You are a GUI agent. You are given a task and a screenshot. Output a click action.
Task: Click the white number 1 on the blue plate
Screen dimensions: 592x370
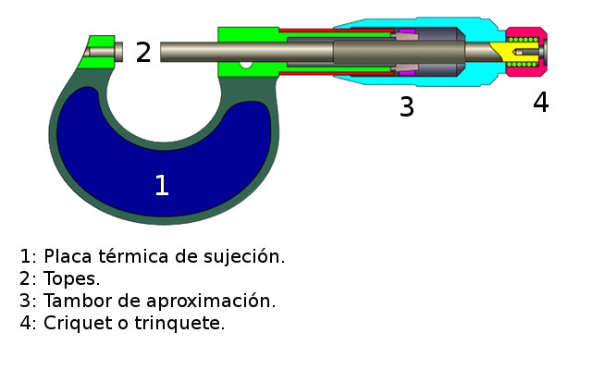pos(162,185)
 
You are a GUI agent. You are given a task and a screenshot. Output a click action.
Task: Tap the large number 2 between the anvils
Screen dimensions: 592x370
pos(143,52)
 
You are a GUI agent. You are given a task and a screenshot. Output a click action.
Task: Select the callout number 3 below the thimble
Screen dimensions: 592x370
pos(407,106)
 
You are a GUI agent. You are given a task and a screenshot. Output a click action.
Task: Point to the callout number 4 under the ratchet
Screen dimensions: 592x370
pos(540,102)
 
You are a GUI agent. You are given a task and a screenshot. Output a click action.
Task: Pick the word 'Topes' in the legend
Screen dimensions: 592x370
pos(70,279)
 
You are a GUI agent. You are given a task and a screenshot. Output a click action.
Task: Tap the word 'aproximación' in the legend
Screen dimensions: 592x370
pos(209,302)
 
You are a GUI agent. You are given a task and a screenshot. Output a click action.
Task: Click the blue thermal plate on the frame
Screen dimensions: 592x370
pos(165,158)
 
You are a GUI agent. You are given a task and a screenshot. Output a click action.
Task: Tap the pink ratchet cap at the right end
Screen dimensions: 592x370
pos(526,52)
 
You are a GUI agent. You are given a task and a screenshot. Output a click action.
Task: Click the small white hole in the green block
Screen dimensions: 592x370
pos(246,65)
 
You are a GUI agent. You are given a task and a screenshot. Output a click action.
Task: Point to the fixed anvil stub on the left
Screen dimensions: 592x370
pos(104,52)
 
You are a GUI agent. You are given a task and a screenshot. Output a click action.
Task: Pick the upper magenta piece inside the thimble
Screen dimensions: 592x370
pos(407,31)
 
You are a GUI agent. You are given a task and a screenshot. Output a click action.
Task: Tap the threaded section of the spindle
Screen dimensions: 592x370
pos(399,52)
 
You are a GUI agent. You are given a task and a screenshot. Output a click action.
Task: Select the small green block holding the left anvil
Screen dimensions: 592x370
pos(96,52)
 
